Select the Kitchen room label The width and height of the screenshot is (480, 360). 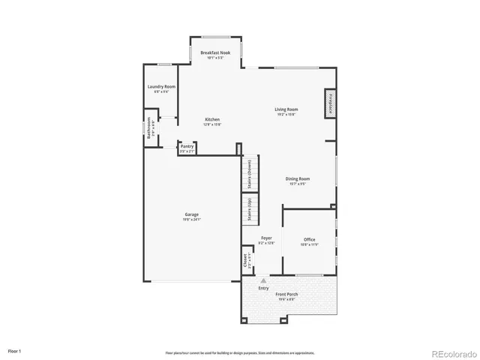pyautogui.click(x=212, y=121)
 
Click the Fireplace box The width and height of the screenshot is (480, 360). pyautogui.click(x=329, y=103)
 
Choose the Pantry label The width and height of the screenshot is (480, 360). pyautogui.click(x=187, y=148)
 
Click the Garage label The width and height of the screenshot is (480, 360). pyautogui.click(x=191, y=217)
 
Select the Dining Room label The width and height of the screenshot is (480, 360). pyautogui.click(x=298, y=180)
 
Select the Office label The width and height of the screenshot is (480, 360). pyautogui.click(x=309, y=241)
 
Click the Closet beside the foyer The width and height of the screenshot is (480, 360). pyautogui.click(x=246, y=260)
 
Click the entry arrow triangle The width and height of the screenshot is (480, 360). pyautogui.click(x=263, y=280)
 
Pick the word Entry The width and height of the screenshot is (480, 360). pyautogui.click(x=263, y=288)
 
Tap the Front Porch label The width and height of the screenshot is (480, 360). pyautogui.click(x=287, y=295)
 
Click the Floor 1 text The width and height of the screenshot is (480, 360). pyautogui.click(x=15, y=351)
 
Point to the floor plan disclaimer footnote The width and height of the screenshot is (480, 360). pyautogui.click(x=240, y=352)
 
